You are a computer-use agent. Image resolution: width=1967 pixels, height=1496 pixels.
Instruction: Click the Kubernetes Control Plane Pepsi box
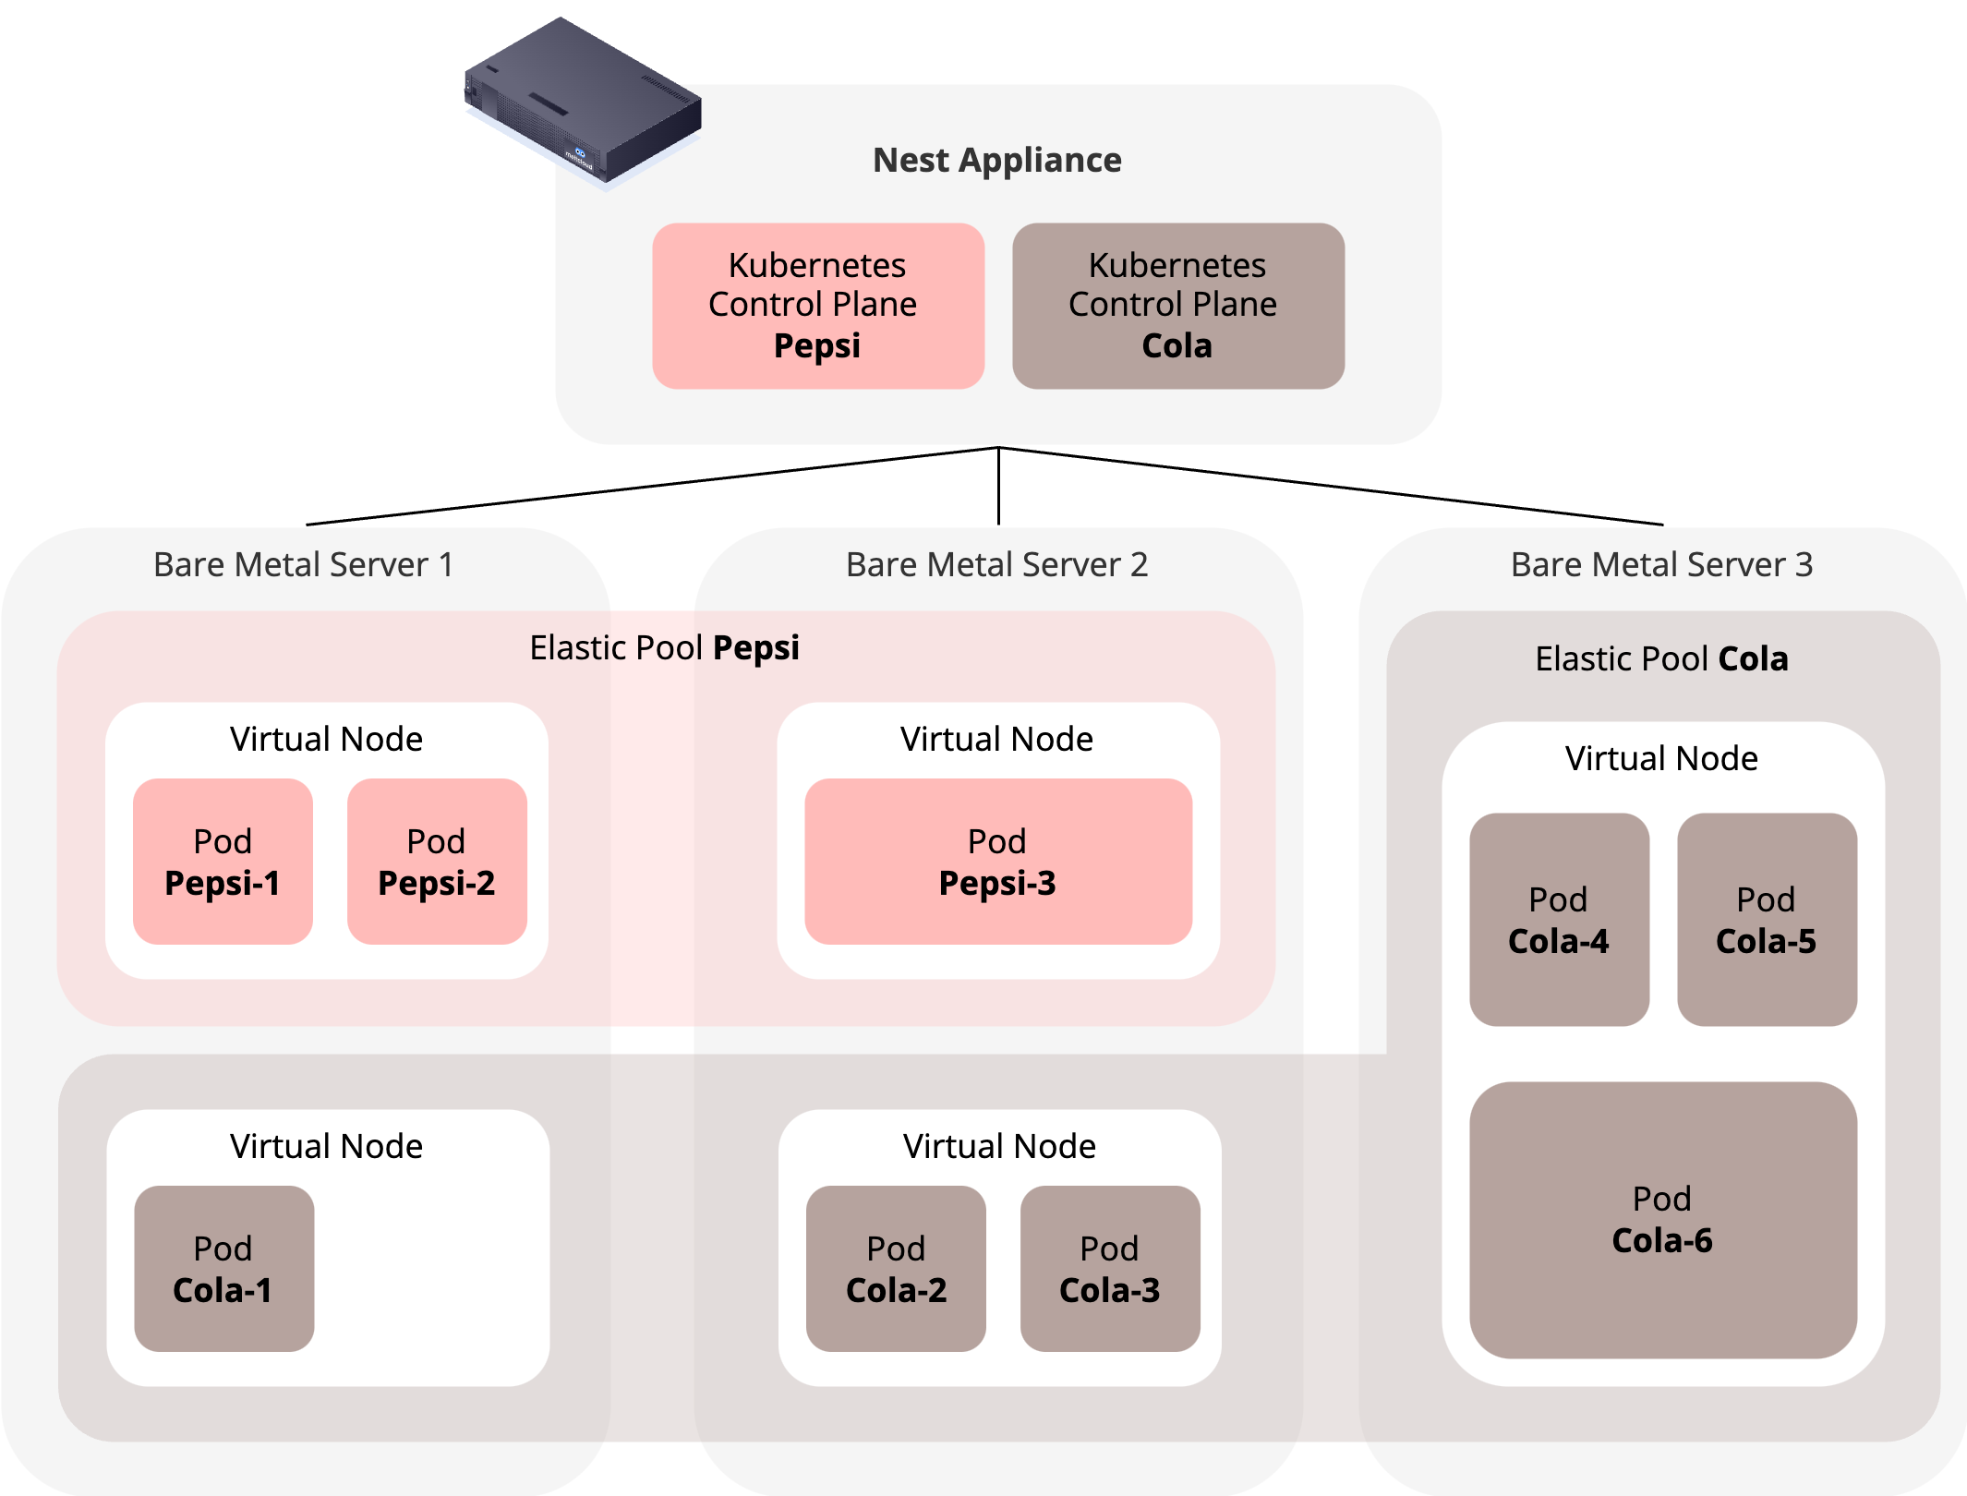pyautogui.click(x=817, y=306)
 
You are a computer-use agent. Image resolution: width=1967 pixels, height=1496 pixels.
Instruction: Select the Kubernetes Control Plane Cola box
pyautogui.click(x=1177, y=306)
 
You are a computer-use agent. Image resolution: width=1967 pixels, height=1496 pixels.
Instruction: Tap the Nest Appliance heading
pyautogui.click(x=996, y=160)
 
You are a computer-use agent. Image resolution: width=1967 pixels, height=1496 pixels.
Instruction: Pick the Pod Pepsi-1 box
pyautogui.click(x=223, y=862)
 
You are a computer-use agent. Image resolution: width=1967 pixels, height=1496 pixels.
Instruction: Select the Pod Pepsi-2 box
pyautogui.click(x=437, y=862)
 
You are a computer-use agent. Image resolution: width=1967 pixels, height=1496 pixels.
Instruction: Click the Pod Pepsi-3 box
pyautogui.click(x=997, y=862)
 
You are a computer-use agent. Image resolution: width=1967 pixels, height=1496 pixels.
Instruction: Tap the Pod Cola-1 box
pyautogui.click(x=223, y=1269)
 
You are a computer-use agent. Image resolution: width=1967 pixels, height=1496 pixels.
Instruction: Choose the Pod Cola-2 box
pyautogui.click(x=896, y=1269)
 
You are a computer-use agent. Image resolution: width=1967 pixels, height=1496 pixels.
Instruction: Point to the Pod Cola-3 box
pyautogui.click(x=1109, y=1269)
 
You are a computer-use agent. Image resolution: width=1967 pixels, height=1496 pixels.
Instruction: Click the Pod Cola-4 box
pyautogui.click(x=1559, y=920)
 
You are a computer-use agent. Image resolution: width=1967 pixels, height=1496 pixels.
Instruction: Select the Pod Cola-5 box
pyautogui.click(x=1766, y=920)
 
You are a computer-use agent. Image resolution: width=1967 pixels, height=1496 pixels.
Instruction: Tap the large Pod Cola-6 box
pyautogui.click(x=1662, y=1219)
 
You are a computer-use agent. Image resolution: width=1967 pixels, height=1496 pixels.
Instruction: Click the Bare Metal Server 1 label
pyautogui.click(x=304, y=564)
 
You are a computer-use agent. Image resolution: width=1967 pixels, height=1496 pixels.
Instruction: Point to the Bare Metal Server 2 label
pyautogui.click(x=996, y=564)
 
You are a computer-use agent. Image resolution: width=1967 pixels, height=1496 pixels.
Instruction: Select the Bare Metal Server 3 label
pyautogui.click(x=1661, y=564)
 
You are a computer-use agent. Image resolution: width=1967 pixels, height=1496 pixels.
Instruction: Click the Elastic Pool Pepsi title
pyautogui.click(x=664, y=647)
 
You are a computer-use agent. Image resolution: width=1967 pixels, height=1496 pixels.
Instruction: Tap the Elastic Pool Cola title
pyautogui.click(x=1661, y=658)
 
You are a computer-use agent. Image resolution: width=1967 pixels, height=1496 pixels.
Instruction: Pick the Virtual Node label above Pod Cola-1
pyautogui.click(x=326, y=1146)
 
